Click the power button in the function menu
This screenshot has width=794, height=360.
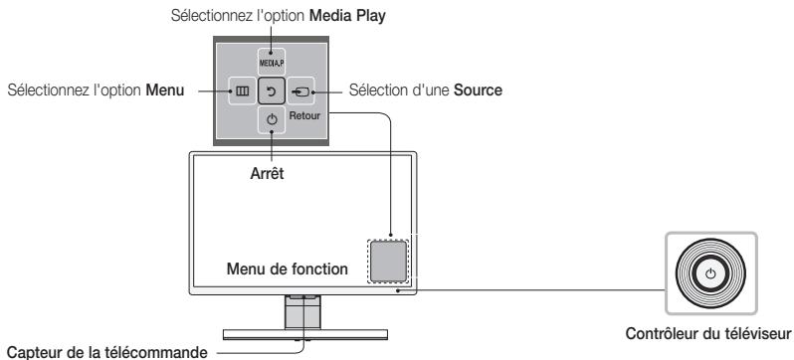(x=272, y=119)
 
